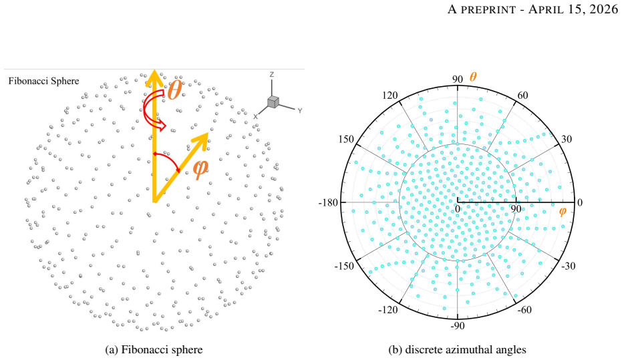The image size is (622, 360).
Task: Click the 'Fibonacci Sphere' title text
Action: tap(43, 81)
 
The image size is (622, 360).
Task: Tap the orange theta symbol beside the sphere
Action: tap(174, 90)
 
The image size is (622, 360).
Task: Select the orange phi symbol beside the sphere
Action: tap(200, 169)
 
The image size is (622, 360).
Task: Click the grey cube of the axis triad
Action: tap(273, 102)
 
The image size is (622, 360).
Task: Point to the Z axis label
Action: tap(272, 75)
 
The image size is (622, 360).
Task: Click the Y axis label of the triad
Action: tap(300, 111)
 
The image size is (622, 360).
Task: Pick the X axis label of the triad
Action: tap(255, 117)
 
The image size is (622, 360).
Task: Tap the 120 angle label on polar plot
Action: tap(390, 95)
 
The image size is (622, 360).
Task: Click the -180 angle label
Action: tap(328, 202)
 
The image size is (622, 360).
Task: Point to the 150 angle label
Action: tap(346, 139)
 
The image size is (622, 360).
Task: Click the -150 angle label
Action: tap(343, 266)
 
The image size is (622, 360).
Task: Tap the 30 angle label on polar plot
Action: tap(567, 139)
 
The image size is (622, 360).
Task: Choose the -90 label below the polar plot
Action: tap(458, 325)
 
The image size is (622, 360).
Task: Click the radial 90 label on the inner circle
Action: tap(516, 208)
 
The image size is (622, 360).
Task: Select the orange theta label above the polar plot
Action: tap(473, 77)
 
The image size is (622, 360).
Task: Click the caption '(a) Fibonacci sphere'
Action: tap(154, 350)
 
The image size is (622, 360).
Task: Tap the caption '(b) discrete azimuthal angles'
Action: tap(458, 350)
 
